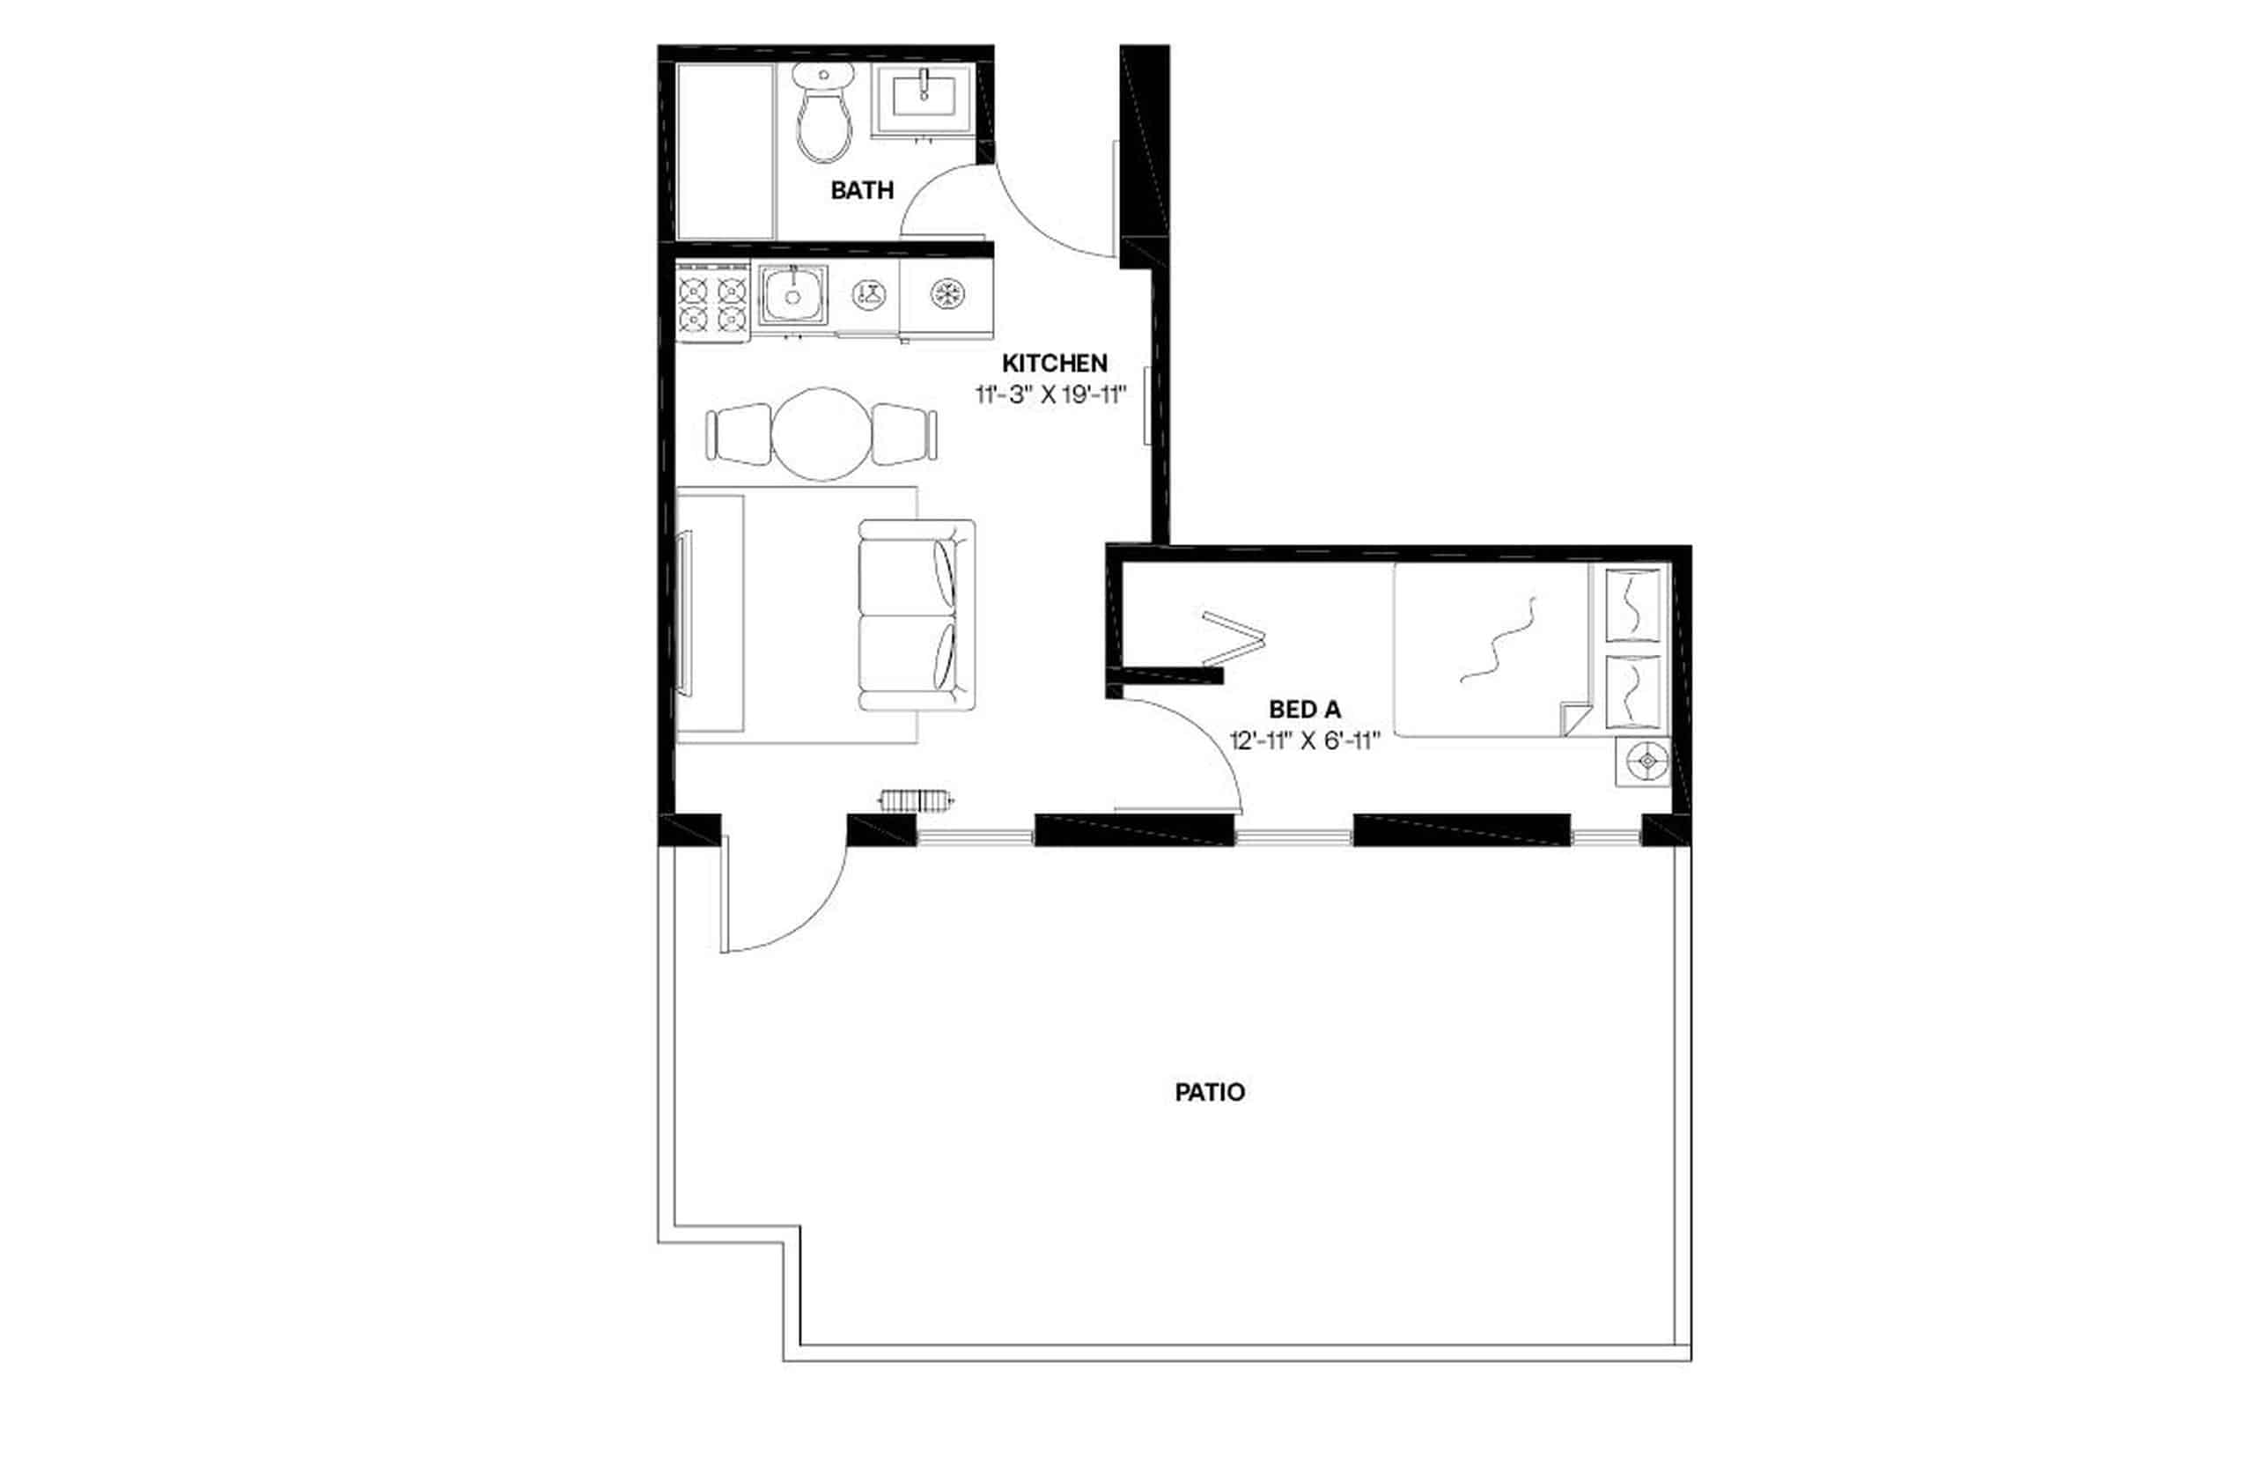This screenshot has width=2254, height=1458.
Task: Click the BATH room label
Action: coord(860,190)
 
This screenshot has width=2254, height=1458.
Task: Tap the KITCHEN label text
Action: coord(1054,363)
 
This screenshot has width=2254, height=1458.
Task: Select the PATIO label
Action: coord(1209,1092)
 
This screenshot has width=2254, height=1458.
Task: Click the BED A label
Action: coord(1304,708)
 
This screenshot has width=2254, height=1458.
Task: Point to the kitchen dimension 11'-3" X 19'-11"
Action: coord(1050,394)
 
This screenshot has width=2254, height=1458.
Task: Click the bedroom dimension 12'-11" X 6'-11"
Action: coord(1304,740)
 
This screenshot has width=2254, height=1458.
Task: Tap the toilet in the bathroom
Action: coord(823,114)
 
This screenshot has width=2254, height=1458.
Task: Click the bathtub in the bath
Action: coord(726,151)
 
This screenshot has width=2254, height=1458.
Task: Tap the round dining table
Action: coord(821,435)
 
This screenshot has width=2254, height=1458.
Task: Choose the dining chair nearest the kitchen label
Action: coord(904,435)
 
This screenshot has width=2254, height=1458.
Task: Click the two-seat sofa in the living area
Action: coord(916,615)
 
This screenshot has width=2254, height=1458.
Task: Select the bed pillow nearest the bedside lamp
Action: coord(1634,692)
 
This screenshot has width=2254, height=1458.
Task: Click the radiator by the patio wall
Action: coord(916,800)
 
